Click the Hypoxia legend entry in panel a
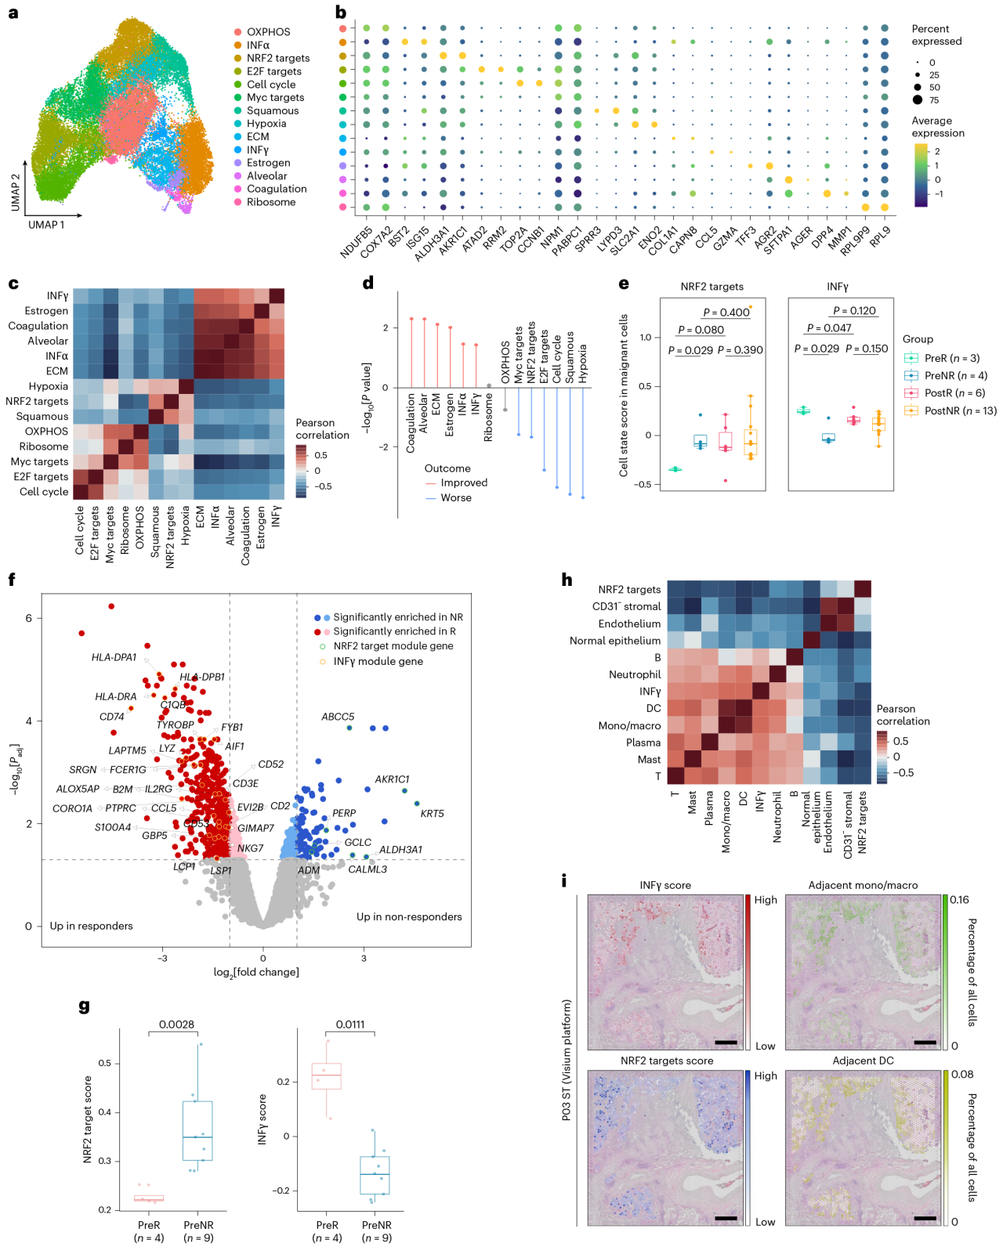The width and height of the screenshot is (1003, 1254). pos(266,124)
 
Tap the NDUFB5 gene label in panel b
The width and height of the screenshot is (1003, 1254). pos(357,242)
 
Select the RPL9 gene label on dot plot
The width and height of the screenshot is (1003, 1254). pos(880,236)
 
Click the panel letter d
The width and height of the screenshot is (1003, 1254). pos(368,283)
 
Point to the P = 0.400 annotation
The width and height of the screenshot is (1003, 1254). pos(726,313)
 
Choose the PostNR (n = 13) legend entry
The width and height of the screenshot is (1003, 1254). pos(960,410)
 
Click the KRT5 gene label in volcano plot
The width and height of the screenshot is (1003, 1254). pos(432,814)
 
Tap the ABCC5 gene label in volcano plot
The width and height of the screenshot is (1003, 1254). pos(338,717)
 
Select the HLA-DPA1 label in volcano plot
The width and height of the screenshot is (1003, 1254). pos(114,657)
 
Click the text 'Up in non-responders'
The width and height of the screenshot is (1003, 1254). pos(409,916)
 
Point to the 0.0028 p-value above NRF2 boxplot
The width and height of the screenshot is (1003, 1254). pos(176,1025)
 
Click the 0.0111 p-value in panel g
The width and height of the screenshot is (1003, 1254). pos(350,1025)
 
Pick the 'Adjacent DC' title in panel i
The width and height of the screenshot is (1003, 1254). pos(863,1061)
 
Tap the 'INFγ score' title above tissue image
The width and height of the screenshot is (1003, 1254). pos(665,885)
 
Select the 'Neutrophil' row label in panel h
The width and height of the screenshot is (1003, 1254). pos(635,674)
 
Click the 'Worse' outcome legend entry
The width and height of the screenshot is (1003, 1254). pos(455,497)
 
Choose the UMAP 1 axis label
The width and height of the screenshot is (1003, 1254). pos(46,225)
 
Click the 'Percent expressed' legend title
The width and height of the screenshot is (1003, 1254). pos(936,35)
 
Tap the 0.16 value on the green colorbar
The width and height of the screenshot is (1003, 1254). pos(959,899)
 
